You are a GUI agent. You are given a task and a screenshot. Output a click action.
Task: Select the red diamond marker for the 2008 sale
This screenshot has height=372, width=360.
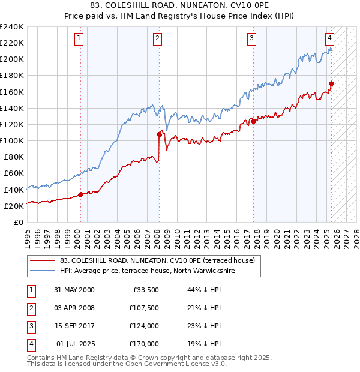159,134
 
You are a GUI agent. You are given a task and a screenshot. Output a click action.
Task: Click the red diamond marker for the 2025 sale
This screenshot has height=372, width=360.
332,83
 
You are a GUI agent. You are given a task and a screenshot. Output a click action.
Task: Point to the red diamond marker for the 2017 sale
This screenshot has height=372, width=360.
253,121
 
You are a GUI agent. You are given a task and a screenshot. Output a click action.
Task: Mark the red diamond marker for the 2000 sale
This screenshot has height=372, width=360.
80,194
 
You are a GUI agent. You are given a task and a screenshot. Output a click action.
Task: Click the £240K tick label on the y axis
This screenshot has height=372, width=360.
12,27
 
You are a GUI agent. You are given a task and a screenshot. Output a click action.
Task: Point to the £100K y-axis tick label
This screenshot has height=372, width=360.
12,140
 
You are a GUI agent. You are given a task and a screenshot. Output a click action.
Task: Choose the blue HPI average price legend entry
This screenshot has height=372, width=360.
148,271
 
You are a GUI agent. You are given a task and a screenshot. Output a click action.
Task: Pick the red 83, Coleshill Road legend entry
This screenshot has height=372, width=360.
157,260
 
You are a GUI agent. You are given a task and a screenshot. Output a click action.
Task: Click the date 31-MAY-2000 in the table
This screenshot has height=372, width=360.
74,290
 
